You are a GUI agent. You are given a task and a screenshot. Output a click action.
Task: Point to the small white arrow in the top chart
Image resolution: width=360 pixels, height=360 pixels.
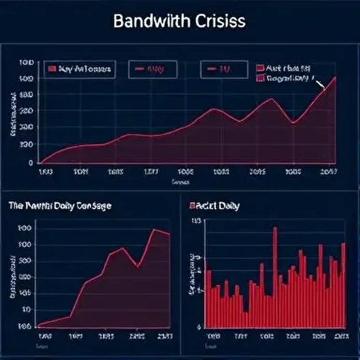319,83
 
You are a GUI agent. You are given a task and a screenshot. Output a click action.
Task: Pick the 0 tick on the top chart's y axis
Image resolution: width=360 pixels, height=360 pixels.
31,162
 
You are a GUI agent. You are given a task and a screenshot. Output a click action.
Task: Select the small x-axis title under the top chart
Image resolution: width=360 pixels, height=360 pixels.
180,182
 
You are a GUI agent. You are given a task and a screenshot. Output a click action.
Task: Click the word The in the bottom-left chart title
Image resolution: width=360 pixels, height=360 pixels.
15,206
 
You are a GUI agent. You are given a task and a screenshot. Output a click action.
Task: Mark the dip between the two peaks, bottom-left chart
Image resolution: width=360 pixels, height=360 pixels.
137,266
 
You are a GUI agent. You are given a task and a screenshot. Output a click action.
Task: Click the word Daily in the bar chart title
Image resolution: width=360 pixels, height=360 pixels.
228,206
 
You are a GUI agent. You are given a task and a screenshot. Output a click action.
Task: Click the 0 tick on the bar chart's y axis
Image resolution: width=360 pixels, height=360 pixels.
198,327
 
